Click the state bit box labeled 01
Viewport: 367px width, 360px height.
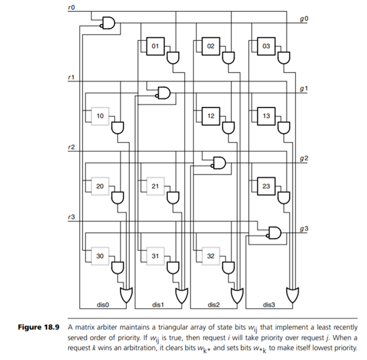tap(155, 45)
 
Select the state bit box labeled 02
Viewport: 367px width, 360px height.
tap(210, 45)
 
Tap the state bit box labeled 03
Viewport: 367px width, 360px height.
tap(265, 45)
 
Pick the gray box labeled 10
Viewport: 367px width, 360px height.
tap(101, 115)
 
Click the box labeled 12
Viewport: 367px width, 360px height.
tap(210, 115)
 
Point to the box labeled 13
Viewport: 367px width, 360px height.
tap(265, 115)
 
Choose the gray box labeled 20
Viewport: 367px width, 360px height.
tap(101, 186)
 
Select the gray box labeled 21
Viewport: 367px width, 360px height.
tap(155, 186)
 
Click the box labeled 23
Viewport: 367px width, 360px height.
tap(265, 186)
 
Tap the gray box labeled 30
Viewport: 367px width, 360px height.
tap(101, 256)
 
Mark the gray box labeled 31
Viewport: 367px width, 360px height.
tap(155, 256)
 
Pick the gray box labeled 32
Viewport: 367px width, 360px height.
tap(210, 256)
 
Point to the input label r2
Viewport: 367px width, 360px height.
tap(72, 147)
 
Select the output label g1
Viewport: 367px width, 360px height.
tap(304, 88)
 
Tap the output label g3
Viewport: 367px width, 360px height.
tap(304, 228)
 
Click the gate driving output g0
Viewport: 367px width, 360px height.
tap(109, 23)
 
